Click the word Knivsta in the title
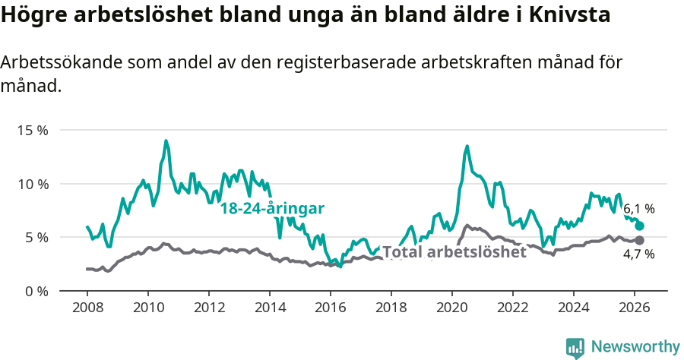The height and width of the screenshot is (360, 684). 565,15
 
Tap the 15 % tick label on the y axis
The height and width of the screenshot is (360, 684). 33,130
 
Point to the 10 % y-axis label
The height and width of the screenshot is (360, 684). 33,184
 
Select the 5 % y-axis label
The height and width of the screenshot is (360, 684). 36,237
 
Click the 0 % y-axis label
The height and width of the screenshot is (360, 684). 36,291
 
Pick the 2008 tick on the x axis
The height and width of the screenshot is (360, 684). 87,308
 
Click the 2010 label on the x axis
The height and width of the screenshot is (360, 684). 148,308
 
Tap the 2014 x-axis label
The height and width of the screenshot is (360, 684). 270,308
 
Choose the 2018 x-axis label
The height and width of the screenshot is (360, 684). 391,308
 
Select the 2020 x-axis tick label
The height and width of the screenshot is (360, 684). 452,308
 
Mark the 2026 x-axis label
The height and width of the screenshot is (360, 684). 635,308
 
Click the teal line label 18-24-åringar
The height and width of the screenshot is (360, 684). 272,208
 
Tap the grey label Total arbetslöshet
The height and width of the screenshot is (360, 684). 454,252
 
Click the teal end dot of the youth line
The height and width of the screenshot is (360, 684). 640,226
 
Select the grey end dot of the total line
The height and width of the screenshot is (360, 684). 640,240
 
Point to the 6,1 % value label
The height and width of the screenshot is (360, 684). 639,208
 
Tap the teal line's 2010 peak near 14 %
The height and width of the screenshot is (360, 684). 166,141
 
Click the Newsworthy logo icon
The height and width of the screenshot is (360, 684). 575,348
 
